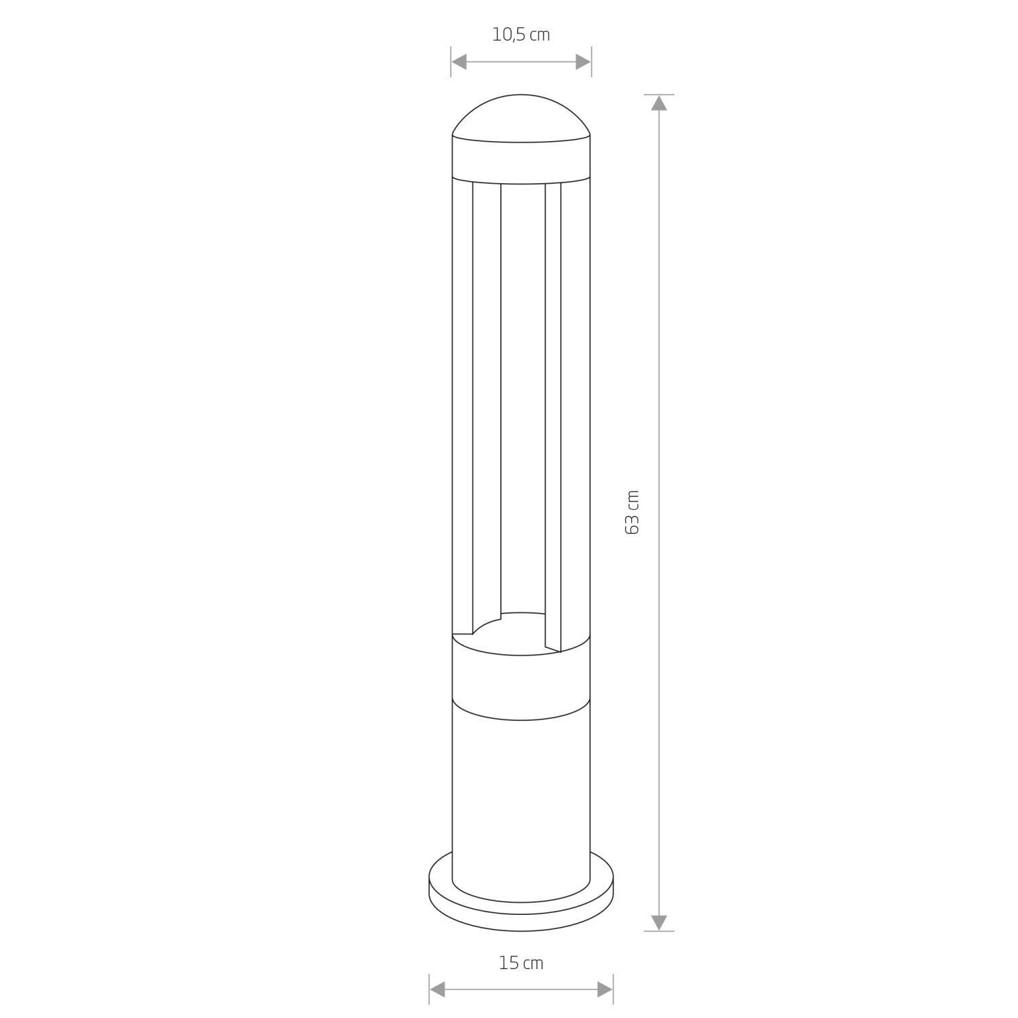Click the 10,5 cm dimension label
(521, 35)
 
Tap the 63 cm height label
(632, 512)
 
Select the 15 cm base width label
(521, 962)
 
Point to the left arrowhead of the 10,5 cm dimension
(459, 62)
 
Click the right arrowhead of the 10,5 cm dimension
(583, 62)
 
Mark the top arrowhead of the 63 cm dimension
(658, 102)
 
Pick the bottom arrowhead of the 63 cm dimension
(658, 922)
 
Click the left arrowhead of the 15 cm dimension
(438, 989)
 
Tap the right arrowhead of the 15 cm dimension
(605, 989)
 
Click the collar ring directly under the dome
(521, 163)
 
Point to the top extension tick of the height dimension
(658, 94)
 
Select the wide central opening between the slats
(522, 394)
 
